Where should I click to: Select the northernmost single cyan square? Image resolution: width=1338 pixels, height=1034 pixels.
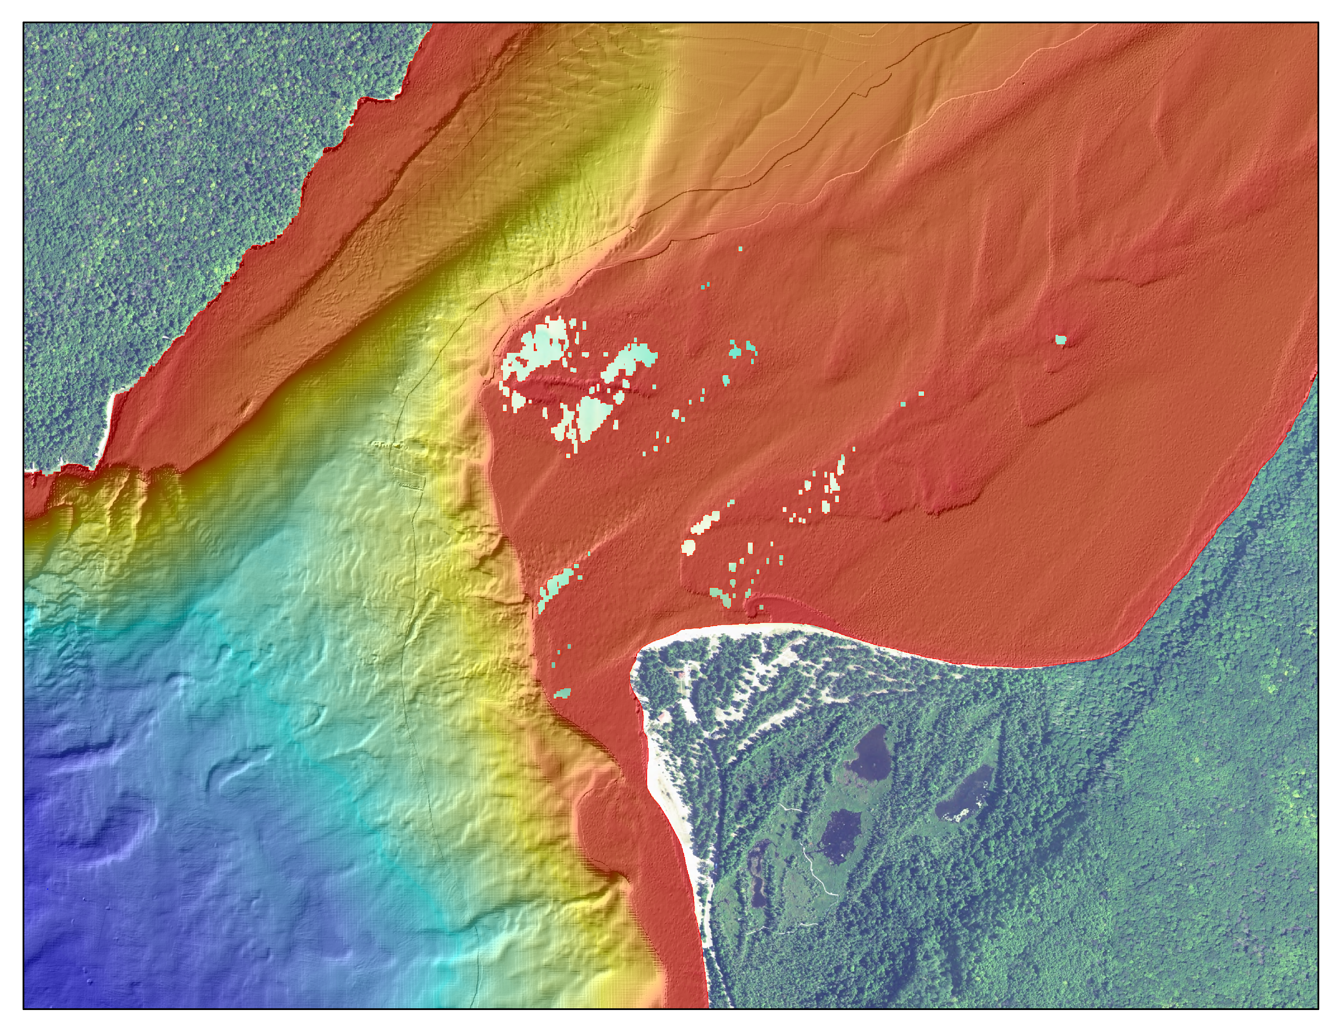coord(740,249)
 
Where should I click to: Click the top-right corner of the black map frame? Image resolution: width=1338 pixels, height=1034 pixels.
coord(1318,23)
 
